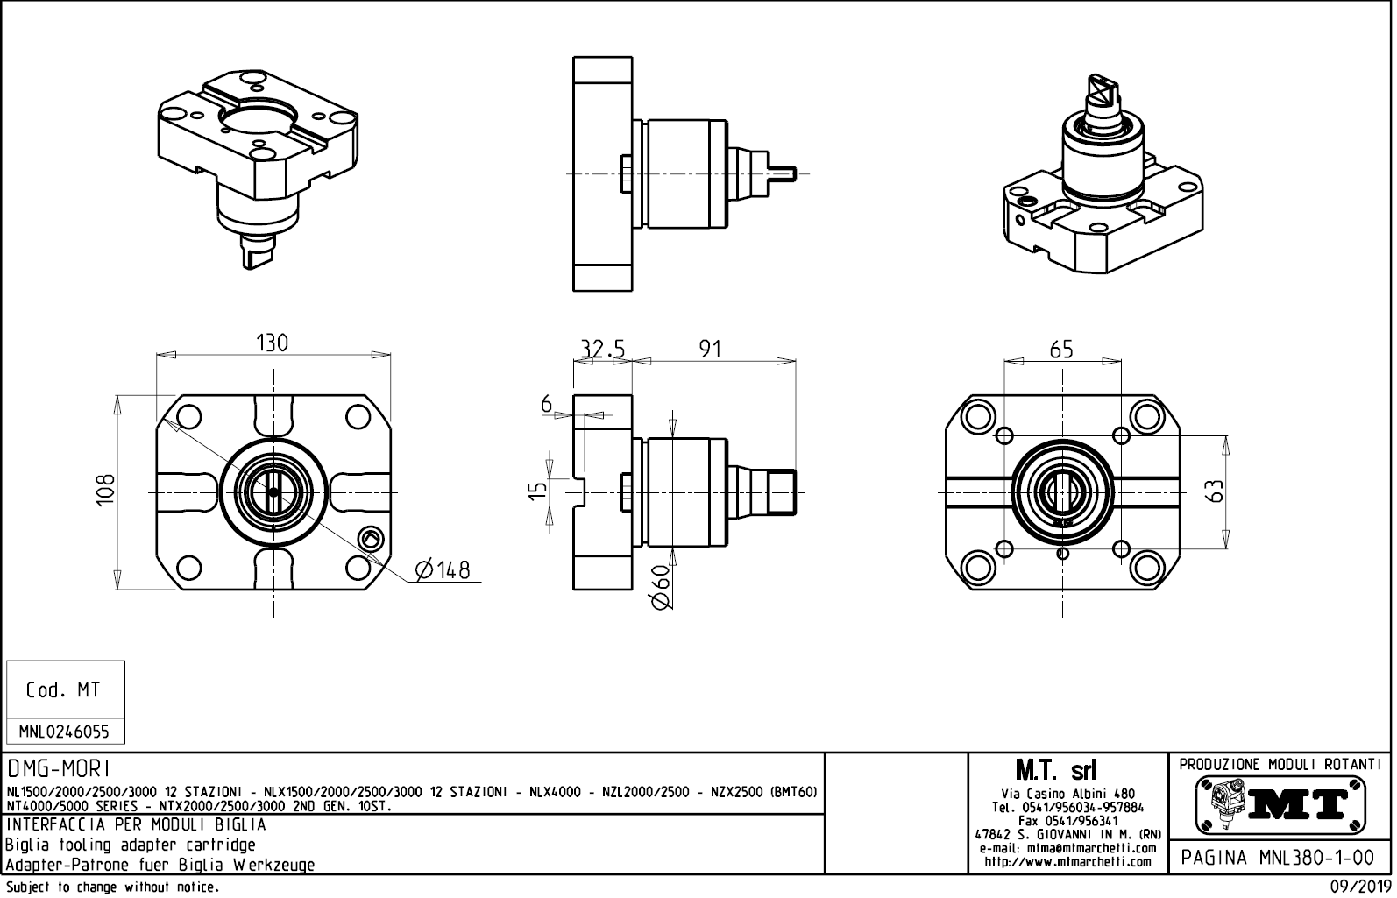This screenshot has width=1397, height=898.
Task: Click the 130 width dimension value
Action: [x=272, y=343]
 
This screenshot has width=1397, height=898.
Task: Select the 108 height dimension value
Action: [x=105, y=492]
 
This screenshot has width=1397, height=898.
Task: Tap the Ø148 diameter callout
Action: [x=443, y=570]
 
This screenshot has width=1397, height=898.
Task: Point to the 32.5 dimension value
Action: [x=603, y=349]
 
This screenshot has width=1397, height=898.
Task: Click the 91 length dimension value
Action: [x=710, y=349]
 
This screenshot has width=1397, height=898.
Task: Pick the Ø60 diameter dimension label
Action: [x=661, y=586]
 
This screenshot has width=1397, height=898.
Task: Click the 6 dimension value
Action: [x=547, y=404]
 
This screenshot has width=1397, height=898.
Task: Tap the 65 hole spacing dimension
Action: [x=1060, y=350]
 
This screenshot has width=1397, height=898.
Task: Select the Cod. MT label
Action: [x=63, y=690]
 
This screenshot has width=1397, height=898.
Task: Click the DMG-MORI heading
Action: [x=59, y=769]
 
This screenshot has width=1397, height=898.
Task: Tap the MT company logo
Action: [x=1280, y=804]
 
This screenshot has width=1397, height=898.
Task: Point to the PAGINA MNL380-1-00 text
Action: [x=1280, y=857]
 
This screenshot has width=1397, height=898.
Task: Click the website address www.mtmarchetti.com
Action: [x=1067, y=862]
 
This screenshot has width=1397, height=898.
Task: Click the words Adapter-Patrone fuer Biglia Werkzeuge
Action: [x=160, y=865]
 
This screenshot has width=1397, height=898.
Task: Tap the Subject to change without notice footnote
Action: [x=111, y=887]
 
